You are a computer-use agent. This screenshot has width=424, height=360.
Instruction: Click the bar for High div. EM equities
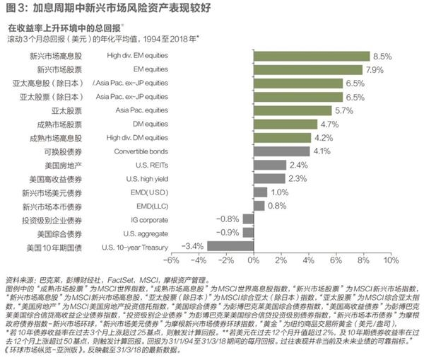(x=311, y=55)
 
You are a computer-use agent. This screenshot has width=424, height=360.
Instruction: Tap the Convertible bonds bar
(x=281, y=151)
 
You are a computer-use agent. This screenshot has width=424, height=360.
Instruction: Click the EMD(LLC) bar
(x=259, y=206)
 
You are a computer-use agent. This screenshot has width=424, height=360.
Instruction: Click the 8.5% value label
(x=382, y=55)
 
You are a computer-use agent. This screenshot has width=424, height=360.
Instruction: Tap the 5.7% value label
(x=343, y=110)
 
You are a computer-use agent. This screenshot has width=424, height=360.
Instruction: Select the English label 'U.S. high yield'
(x=132, y=178)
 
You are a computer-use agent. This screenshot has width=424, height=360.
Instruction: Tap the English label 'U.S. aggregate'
(x=132, y=233)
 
